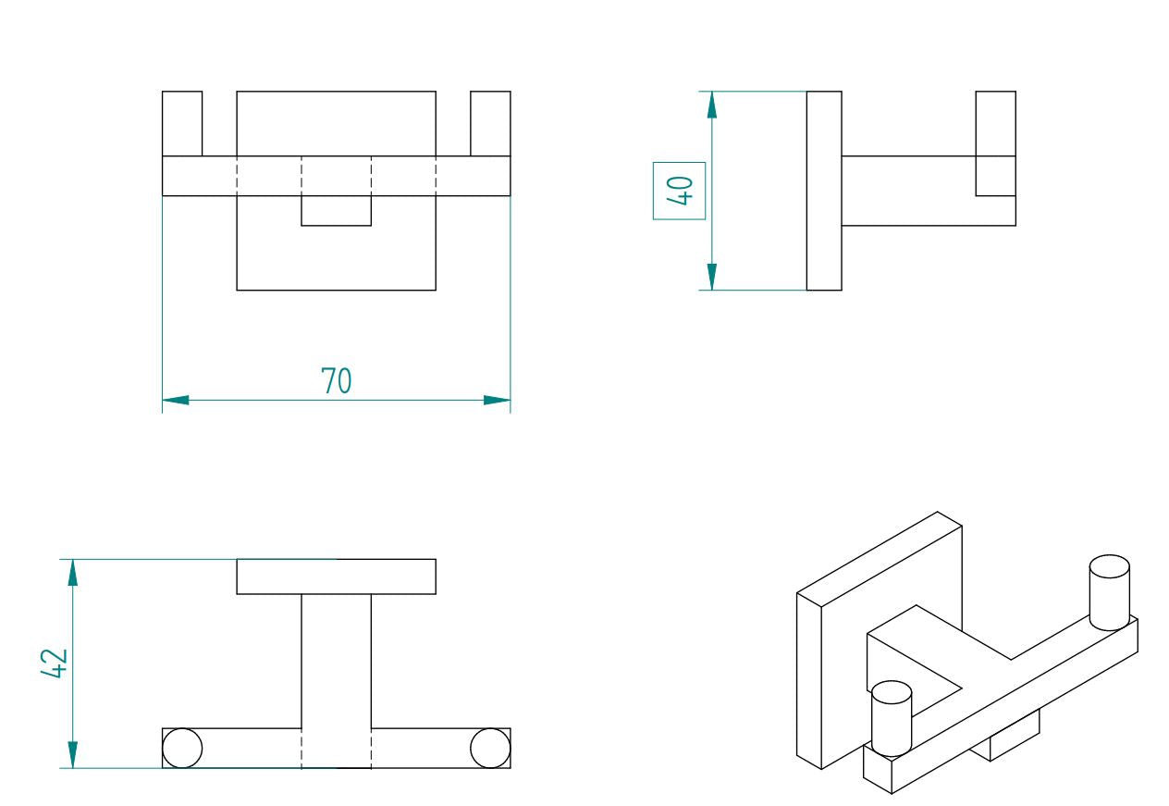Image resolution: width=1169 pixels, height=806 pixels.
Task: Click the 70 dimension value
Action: click(x=336, y=380)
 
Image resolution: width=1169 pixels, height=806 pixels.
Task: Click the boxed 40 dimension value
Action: click(x=680, y=191)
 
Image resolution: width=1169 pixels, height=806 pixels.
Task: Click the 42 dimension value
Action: click(x=55, y=663)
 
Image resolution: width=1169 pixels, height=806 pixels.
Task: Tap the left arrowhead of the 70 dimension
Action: click(x=176, y=401)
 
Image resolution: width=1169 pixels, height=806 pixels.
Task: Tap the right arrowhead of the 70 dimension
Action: click(x=497, y=401)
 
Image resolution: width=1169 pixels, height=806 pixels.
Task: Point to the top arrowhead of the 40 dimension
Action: click(x=712, y=105)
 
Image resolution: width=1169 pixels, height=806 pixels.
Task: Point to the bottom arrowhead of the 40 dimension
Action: click(x=712, y=277)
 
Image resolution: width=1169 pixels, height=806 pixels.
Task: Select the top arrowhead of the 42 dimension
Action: click(x=72, y=573)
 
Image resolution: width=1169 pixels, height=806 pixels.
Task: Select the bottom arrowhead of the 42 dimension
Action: click(x=72, y=755)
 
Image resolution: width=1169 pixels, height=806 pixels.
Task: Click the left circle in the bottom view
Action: click(x=182, y=748)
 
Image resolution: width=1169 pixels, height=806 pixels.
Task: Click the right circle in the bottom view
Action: click(x=490, y=748)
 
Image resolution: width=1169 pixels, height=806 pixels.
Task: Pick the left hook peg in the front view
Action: click(x=182, y=124)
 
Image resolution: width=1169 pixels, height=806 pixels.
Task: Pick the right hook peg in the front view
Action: click(x=490, y=124)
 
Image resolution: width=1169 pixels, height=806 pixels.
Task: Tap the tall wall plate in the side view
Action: click(x=824, y=191)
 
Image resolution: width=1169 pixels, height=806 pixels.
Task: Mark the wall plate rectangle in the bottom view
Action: click(x=336, y=577)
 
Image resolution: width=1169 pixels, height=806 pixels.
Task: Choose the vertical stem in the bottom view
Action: click(x=336, y=681)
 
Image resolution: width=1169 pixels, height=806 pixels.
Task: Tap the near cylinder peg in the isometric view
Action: click(x=892, y=718)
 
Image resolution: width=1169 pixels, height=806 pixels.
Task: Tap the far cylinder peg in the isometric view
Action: click(x=1110, y=592)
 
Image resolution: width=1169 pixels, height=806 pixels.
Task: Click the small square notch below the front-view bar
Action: click(x=336, y=211)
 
